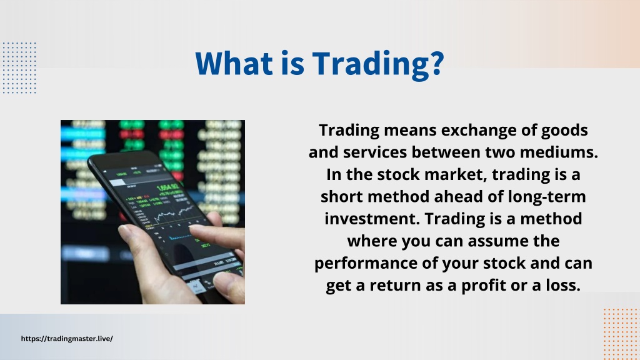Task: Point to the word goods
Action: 564,131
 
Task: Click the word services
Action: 375,152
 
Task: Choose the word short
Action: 342,197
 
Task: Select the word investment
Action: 372,219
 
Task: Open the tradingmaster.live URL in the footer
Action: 67,339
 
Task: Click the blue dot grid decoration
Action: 19,67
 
